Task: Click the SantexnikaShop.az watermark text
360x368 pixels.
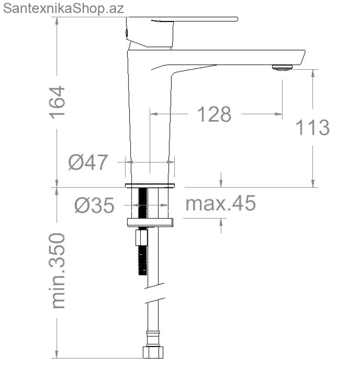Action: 63,8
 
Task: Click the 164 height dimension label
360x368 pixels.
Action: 57,102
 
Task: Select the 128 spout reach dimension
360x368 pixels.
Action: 214,114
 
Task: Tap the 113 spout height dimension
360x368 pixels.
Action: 312,128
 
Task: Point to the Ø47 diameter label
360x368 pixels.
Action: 88,162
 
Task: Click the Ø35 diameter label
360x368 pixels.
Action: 94,205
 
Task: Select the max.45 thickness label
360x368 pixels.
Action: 221,203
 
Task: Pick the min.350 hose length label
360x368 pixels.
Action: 57,271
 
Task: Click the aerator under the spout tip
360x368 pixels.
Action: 283,68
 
